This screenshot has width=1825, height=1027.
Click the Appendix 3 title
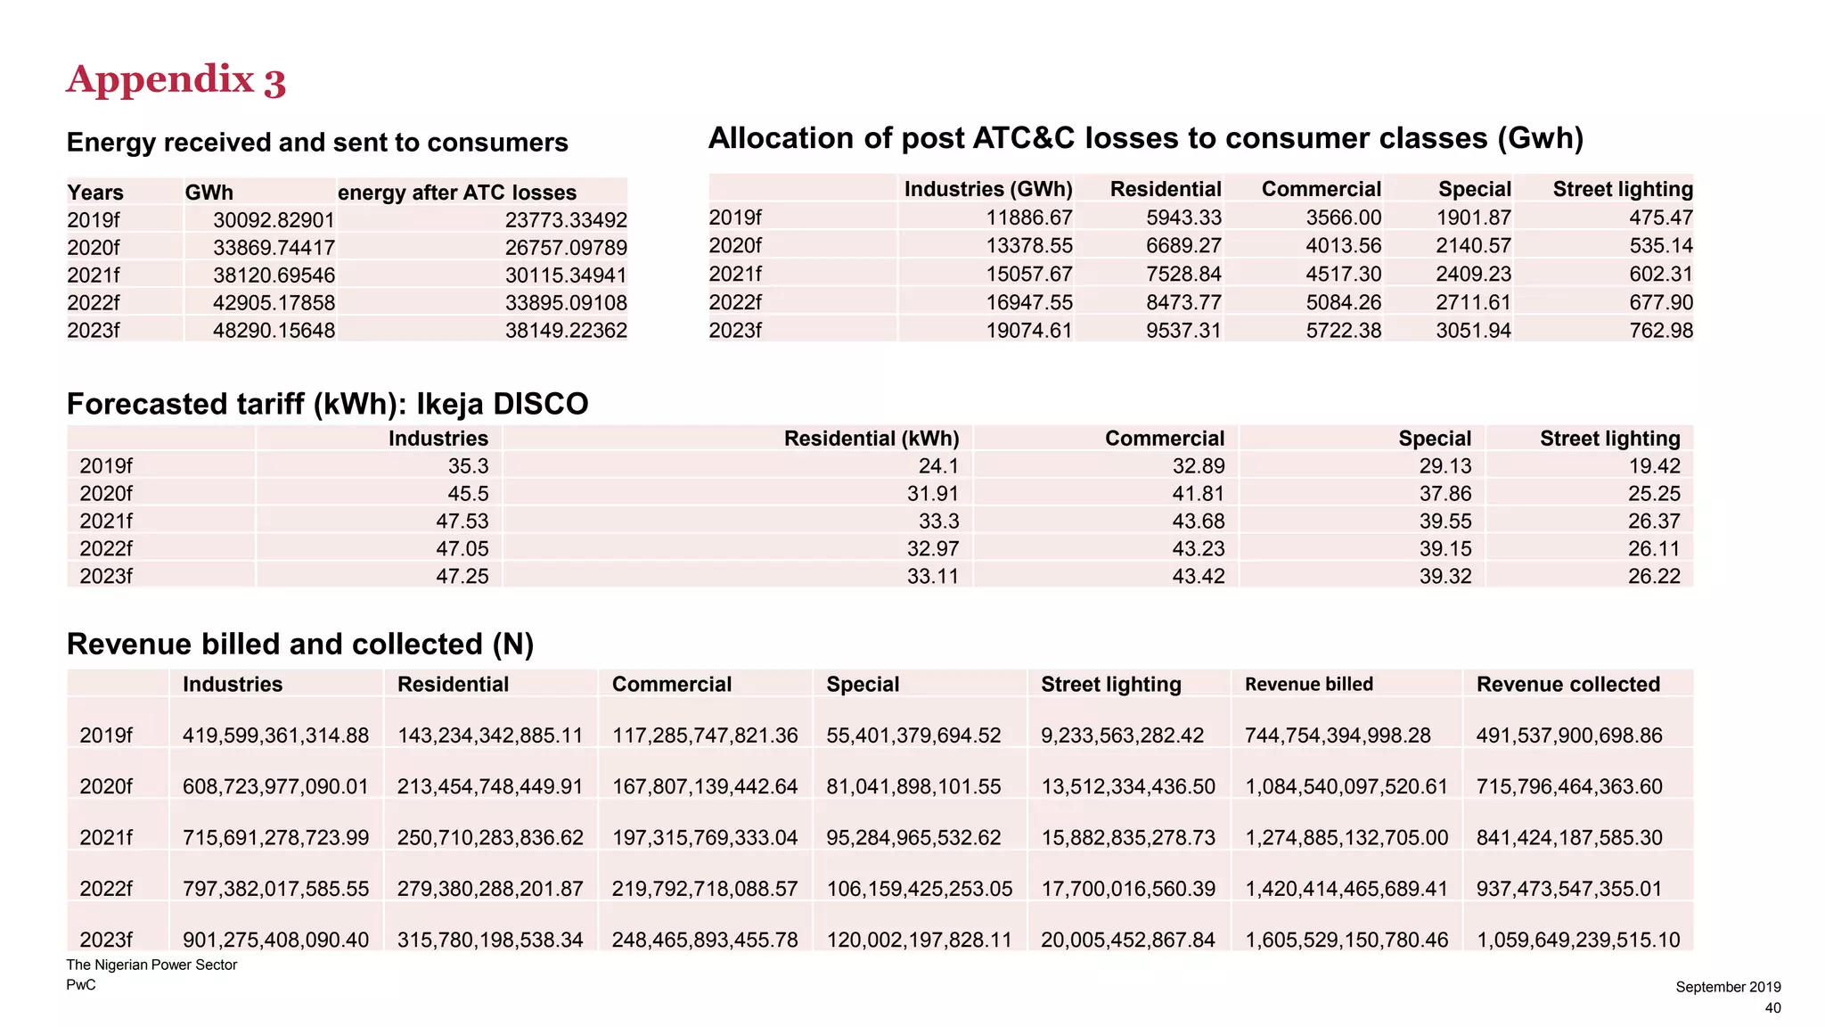[x=176, y=80]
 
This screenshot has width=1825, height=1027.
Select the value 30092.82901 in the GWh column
[x=274, y=220]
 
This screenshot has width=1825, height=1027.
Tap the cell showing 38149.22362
[x=566, y=331]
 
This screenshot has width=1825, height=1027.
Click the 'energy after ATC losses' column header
[x=457, y=193]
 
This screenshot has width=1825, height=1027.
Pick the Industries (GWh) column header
[x=988, y=189]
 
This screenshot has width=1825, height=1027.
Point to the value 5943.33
[x=1183, y=218]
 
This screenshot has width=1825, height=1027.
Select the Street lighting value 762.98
[x=1661, y=331]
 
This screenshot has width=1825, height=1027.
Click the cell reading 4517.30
[x=1344, y=274]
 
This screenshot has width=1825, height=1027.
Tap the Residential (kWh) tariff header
[x=872, y=439]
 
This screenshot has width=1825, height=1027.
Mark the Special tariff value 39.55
[x=1445, y=522]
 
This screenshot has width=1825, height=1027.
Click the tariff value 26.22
[x=1654, y=577]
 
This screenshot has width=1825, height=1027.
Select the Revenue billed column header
[x=1308, y=685]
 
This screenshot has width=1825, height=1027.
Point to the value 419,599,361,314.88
[x=275, y=735]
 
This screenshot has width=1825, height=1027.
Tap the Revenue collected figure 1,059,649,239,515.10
[x=1578, y=940]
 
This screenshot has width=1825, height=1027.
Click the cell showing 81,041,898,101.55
[x=913, y=786]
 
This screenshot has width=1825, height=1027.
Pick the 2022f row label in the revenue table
[x=106, y=889]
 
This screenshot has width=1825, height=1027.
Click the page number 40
[x=1772, y=1008]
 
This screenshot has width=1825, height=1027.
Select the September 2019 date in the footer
[x=1728, y=987]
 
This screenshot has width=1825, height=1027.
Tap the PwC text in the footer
[x=81, y=985]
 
